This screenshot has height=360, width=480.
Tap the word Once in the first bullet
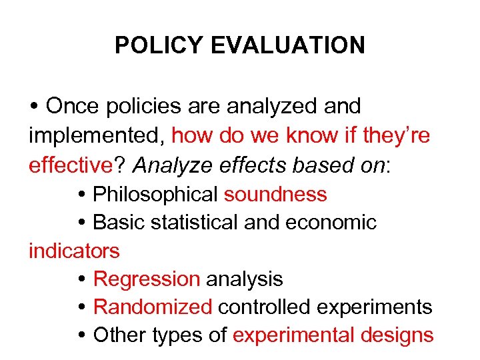coord(71,106)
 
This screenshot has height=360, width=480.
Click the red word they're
coord(397,136)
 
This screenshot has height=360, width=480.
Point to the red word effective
coord(67,165)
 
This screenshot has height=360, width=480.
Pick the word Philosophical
coord(156,194)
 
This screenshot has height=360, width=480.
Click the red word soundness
coord(275,194)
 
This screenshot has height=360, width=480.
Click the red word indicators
coord(74,251)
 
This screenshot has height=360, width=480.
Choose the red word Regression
coord(147,279)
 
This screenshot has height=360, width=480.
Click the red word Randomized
coord(153,307)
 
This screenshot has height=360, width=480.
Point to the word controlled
coord(260,307)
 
